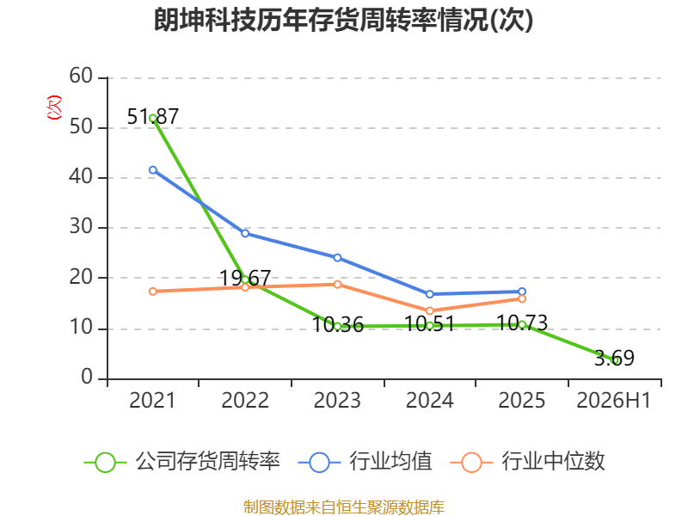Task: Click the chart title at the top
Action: [x=343, y=20]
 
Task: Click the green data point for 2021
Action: [x=153, y=118]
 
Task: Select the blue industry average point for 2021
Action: [x=153, y=169]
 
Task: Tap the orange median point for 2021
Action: [x=153, y=292]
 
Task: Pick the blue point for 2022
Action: [x=245, y=233]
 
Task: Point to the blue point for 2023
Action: [x=337, y=257]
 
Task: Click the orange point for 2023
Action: [x=337, y=285]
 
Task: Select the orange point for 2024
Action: [x=429, y=310]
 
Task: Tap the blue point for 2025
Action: [x=522, y=292]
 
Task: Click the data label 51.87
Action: [x=153, y=117]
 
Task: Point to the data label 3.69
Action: [x=614, y=358]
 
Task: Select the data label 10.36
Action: [x=337, y=325]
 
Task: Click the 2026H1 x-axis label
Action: [x=613, y=400]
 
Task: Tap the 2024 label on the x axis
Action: [x=429, y=400]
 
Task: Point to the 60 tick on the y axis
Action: [x=81, y=76]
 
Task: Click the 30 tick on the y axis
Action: [x=81, y=227]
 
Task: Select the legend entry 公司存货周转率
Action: [x=181, y=462]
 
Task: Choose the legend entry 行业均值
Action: [x=365, y=462]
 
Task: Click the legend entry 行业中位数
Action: [x=528, y=462]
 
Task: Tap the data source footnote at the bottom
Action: [x=343, y=507]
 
